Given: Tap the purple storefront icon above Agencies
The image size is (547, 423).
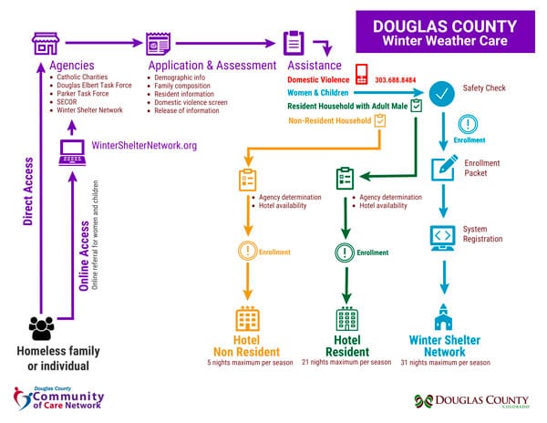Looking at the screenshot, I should (x=45, y=42).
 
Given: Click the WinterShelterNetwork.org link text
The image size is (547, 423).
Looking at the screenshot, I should (x=144, y=146).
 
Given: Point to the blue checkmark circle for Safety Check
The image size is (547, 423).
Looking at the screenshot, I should (x=443, y=94).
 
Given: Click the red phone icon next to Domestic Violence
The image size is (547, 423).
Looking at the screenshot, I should (x=362, y=75).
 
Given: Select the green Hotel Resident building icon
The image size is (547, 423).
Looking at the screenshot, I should (x=346, y=319).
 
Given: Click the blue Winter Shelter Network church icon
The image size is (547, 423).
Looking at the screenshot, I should (x=443, y=316).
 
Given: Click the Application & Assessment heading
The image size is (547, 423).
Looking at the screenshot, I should (x=212, y=66).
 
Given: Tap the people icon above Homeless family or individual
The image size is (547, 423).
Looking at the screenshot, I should (x=42, y=326).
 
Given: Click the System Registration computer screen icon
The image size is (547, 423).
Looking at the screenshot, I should (x=443, y=237).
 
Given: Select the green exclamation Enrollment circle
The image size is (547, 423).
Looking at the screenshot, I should (x=346, y=252).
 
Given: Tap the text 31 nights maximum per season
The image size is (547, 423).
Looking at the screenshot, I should (x=444, y=363).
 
